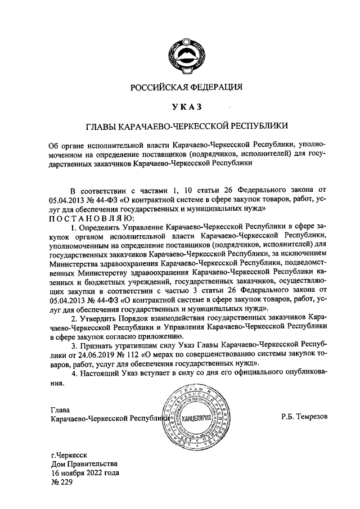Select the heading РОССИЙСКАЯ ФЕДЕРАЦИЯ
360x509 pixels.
click(186, 87)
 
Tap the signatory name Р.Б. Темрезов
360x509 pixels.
click(304, 417)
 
